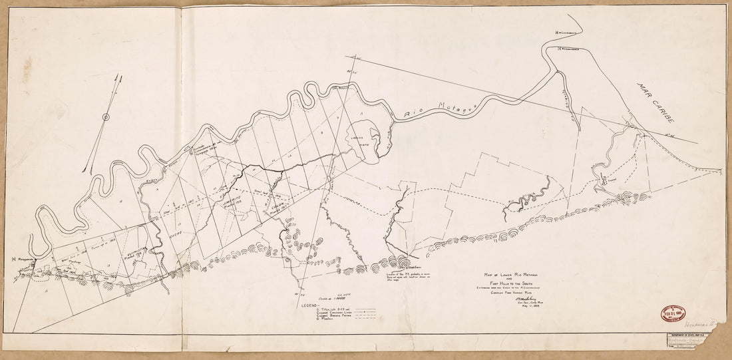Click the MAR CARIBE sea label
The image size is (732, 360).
[655, 104]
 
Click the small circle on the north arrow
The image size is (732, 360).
[105, 118]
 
